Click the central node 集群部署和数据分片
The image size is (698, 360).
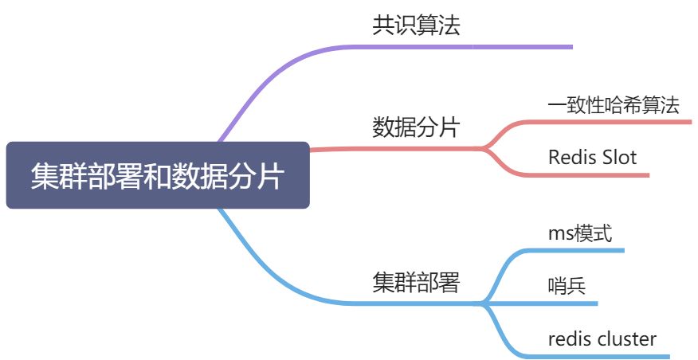pyautogui.click(x=157, y=175)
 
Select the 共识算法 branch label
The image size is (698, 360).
pyautogui.click(x=416, y=26)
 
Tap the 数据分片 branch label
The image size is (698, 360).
pyautogui.click(x=416, y=127)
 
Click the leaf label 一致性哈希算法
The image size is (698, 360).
pyautogui.click(x=614, y=104)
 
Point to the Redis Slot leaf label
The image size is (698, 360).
pyautogui.click(x=592, y=157)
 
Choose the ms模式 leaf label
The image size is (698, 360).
pyautogui.click(x=579, y=233)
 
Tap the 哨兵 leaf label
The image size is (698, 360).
pyautogui.click(x=567, y=285)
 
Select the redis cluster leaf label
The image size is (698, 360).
pyautogui.click(x=602, y=338)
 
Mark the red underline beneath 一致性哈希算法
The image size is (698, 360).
pyautogui.click(x=614, y=122)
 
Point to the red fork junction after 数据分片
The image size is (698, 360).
pyautogui.click(x=484, y=147)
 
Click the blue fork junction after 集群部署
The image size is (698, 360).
pyautogui.click(x=484, y=303)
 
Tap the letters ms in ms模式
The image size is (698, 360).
pyautogui.click(x=559, y=234)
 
